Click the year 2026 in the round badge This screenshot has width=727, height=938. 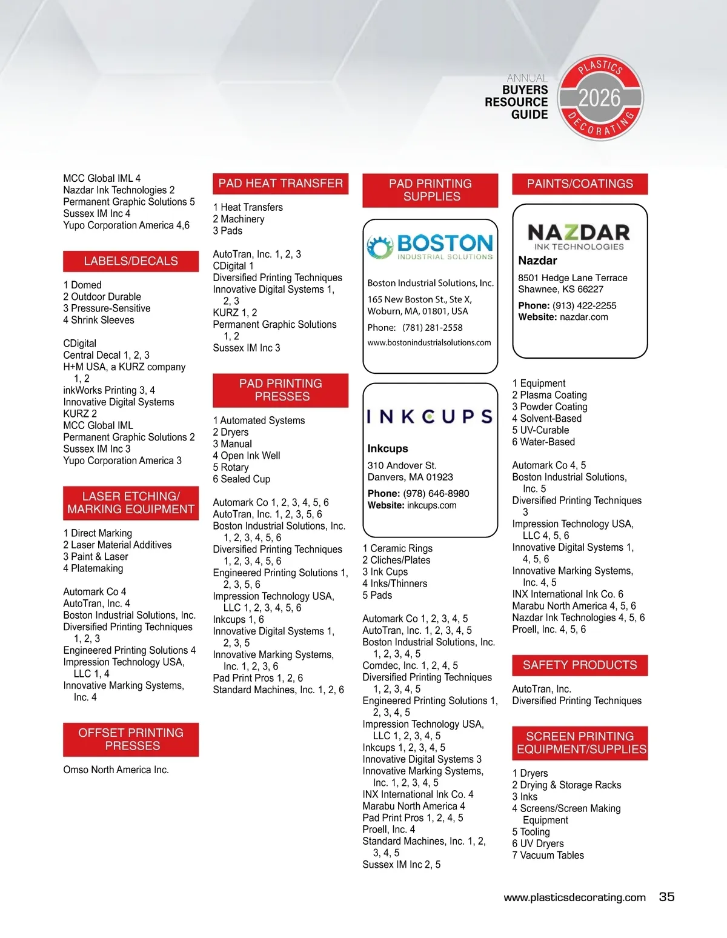(599, 98)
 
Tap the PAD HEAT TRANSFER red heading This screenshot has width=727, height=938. (281, 184)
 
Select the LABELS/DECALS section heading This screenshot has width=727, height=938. (131, 261)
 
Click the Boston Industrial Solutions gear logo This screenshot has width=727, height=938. (380, 247)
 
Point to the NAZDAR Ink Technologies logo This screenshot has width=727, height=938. (579, 236)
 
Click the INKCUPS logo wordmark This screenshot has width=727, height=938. (430, 416)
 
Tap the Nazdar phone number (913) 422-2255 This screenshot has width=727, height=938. (585, 305)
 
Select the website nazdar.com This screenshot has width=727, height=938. (583, 317)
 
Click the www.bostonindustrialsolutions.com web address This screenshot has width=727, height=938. (429, 342)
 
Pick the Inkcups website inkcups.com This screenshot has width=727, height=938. (431, 505)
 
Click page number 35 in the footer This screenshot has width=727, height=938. (666, 897)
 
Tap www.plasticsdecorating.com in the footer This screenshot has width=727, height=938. (574, 897)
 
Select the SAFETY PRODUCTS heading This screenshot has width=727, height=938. (580, 665)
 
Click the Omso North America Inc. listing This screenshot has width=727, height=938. (116, 770)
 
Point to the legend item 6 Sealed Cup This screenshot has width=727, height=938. (241, 479)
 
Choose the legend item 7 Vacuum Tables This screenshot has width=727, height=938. (548, 855)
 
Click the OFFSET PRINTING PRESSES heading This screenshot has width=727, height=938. (131, 739)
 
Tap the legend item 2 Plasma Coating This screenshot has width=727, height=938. (549, 395)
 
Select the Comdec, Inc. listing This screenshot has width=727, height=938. (410, 665)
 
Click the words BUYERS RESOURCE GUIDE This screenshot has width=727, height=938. (516, 102)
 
